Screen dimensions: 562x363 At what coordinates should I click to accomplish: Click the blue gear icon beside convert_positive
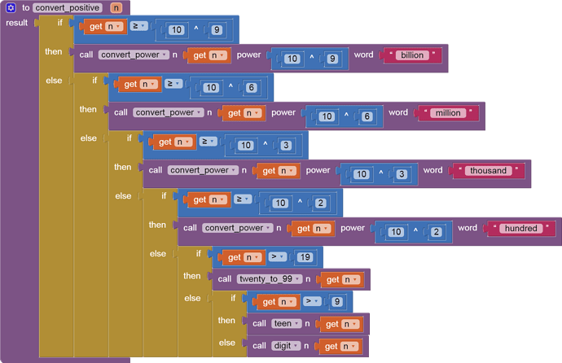11,7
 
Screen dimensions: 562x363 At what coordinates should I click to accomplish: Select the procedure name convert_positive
68,7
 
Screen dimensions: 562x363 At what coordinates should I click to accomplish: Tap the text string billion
412,55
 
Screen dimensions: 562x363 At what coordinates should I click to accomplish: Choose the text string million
448,113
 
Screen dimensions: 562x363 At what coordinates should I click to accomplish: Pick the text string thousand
488,170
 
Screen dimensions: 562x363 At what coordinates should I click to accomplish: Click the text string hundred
520,228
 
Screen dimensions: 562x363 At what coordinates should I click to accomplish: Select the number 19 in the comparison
305,257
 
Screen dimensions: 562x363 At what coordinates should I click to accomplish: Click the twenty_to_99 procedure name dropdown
270,279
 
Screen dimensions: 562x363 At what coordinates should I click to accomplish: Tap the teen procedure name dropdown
287,324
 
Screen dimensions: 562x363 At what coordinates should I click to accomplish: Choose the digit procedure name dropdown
286,346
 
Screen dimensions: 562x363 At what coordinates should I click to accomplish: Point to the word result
16,23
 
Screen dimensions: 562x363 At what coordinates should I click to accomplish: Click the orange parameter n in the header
116,7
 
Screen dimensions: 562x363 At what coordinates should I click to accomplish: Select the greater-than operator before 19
278,256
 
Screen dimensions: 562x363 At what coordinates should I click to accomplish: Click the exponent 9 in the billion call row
332,59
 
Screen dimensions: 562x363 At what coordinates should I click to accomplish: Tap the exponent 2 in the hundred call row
437,232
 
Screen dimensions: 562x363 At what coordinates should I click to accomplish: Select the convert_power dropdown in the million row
168,112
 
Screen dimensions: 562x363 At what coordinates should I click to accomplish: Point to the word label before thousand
432,170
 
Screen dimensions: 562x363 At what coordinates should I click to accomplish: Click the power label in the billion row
248,55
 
